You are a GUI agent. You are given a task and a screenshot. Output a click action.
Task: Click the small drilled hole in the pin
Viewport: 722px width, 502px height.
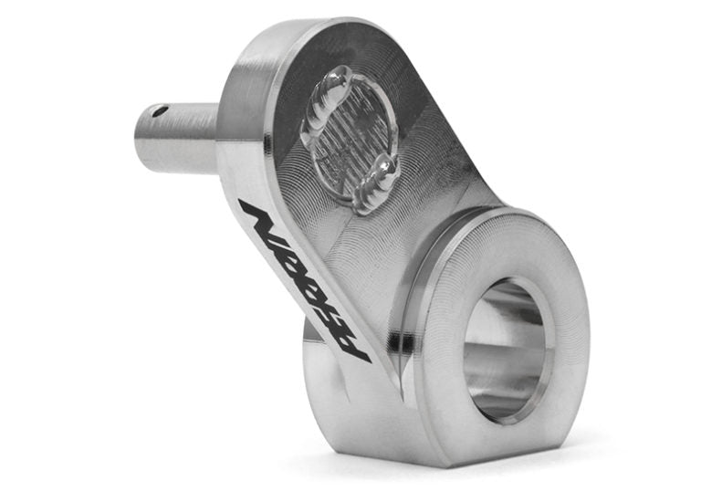[x=161, y=111]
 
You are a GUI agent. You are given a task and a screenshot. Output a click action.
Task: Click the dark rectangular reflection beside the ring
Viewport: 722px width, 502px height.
[x=399, y=342]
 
